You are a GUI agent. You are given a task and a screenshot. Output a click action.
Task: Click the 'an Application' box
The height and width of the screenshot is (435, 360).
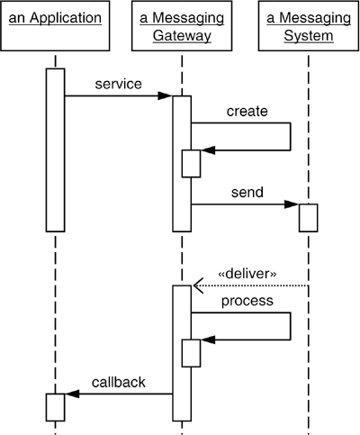point(55,28)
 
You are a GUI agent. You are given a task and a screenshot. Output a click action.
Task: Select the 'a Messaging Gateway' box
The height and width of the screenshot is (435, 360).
point(181,28)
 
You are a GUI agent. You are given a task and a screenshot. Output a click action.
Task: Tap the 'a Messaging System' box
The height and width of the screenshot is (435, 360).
point(307,28)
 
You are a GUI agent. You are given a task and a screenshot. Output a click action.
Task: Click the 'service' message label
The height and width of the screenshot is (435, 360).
point(118,84)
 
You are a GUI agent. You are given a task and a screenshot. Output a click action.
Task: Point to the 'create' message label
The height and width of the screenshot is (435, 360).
point(247,111)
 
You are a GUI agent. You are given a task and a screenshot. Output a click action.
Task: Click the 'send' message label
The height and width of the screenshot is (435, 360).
point(247,193)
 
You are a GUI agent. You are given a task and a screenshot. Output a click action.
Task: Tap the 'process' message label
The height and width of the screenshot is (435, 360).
point(247,301)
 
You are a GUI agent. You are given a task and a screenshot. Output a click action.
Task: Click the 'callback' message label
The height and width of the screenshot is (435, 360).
point(118,382)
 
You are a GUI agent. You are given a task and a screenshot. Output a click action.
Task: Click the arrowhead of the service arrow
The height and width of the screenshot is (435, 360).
point(166,96)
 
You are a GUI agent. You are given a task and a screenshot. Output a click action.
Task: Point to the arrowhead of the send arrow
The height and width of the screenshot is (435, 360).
point(292,204)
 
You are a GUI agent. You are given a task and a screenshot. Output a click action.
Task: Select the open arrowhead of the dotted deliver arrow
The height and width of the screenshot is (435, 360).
point(198,285)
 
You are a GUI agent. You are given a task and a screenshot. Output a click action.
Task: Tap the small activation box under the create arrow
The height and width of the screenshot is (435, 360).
point(191,163)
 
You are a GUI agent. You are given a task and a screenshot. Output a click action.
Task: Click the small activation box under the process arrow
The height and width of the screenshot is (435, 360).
point(191,352)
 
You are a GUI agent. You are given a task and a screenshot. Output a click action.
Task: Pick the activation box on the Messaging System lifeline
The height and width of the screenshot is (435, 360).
point(308,218)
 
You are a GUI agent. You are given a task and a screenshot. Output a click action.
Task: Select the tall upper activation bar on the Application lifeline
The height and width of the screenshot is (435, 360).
point(55,149)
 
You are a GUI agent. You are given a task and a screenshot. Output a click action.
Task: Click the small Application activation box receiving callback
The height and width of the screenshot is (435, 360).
point(55,406)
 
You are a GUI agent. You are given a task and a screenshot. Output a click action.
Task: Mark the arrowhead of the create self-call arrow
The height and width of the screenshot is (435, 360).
point(207,150)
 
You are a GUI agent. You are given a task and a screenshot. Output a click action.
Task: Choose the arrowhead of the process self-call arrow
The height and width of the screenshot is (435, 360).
point(207,340)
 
